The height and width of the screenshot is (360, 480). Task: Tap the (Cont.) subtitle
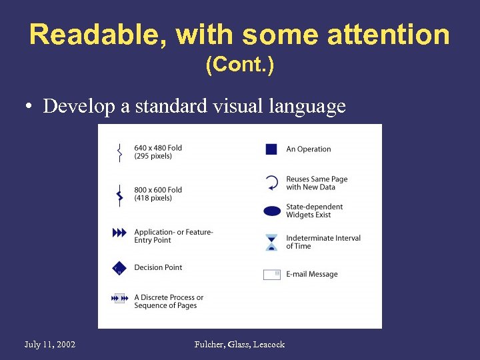tap(239, 65)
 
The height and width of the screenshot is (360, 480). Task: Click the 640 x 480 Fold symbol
tap(119, 152)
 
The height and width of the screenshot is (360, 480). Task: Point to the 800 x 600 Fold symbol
tap(119, 194)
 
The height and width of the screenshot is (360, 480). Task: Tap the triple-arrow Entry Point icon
tap(119, 233)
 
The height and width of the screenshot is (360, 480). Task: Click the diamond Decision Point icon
tap(119, 268)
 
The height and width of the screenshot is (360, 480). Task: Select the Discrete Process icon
tap(119, 299)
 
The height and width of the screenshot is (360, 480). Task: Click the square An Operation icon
tap(271, 149)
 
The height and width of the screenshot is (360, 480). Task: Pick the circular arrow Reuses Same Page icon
tap(271, 183)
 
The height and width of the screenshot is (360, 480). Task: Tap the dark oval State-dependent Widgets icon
tap(272, 211)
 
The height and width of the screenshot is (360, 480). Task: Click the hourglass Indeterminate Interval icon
tap(271, 242)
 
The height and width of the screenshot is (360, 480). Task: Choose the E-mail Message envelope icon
tap(271, 274)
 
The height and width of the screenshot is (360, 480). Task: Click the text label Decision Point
tap(158, 268)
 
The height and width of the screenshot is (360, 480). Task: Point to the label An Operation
tap(309, 149)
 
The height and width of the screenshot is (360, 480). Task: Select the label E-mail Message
tap(312, 274)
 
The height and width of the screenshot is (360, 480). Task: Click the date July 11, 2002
tap(50, 345)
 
